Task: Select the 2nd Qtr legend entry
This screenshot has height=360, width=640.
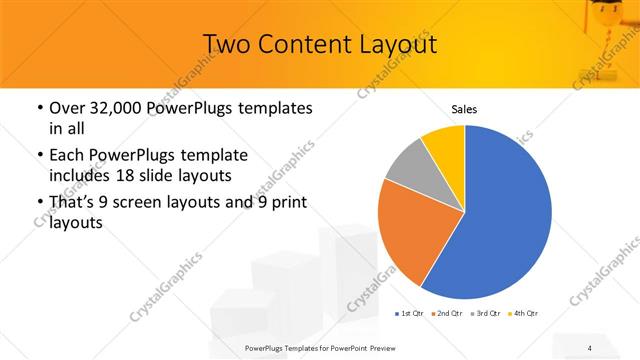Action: tap(447, 314)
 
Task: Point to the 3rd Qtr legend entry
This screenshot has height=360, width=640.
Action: tap(485, 314)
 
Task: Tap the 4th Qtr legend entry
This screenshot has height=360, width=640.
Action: tap(523, 314)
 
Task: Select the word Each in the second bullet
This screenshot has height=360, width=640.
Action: tap(68, 155)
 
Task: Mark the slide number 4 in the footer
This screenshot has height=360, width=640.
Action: tap(591, 347)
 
